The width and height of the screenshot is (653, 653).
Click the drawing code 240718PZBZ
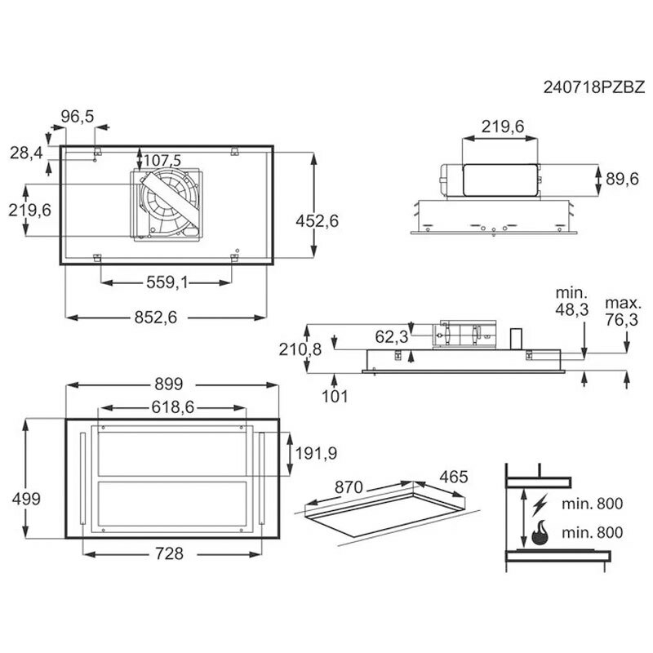[594, 87]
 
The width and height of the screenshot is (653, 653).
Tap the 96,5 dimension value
[78, 116]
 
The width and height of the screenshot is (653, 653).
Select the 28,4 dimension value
[26, 153]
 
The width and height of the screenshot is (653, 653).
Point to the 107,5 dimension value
[162, 160]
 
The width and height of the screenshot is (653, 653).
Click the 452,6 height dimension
[318, 220]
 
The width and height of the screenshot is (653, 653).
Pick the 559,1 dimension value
[167, 282]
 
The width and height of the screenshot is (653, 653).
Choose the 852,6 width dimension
[156, 318]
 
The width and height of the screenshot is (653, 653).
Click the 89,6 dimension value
[622, 179]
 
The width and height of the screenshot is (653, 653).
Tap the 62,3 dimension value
[392, 336]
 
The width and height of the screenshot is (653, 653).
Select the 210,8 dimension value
[300, 349]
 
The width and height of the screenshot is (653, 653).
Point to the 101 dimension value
[335, 396]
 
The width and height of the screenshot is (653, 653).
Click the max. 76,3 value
[621, 311]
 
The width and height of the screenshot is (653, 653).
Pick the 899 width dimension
[169, 384]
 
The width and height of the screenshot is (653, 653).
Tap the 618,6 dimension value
[173, 406]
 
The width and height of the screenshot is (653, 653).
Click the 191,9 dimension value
[316, 453]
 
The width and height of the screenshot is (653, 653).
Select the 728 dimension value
[169, 553]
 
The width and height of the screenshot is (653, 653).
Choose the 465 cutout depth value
[454, 477]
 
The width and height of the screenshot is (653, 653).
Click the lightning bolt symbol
[540, 504]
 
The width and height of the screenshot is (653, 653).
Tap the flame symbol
[540, 534]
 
